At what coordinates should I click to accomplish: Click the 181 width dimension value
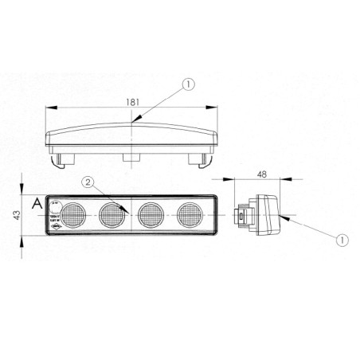pos(132,100)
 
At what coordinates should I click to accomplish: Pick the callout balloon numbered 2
pos(88,182)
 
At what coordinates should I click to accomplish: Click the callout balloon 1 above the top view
pos(186,83)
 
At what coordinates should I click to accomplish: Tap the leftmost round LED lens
pos(73,214)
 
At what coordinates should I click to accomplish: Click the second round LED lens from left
pos(112,214)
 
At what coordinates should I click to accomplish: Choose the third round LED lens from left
pos(151,214)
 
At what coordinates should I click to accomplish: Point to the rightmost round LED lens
pos(190,214)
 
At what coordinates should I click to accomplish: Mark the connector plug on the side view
pos(240,215)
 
